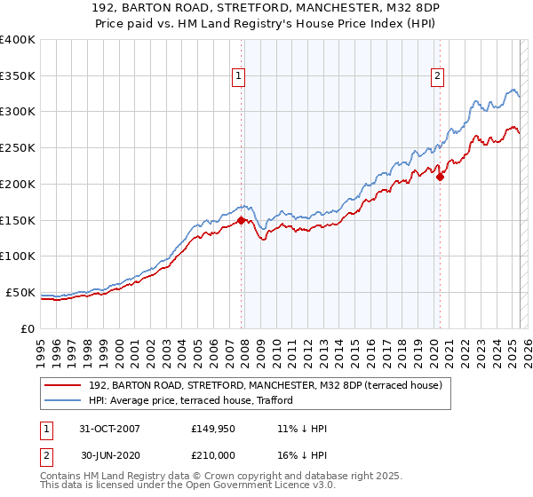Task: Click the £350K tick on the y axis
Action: point(18,76)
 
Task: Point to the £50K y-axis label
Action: point(20,292)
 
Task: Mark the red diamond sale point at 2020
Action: point(440,177)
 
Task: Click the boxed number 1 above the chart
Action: point(240,77)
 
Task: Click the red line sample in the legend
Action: point(63,385)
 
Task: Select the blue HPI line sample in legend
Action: point(63,401)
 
